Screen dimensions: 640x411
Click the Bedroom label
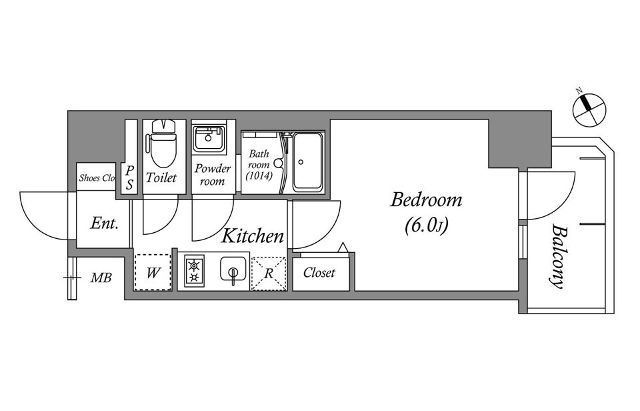tap(426, 199)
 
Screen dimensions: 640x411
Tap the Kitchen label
tap(252, 236)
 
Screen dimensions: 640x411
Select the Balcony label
tap(558, 256)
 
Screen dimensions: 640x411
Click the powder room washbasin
tap(209, 139)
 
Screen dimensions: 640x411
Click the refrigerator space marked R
tap(269, 274)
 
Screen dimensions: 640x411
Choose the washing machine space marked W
tap(153, 272)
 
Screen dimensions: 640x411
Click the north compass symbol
tap(589, 109)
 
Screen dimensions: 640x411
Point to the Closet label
tap(319, 272)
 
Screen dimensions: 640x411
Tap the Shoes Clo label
tap(97, 177)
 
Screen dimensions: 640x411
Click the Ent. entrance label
tap(104, 224)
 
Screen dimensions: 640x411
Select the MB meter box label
tap(101, 278)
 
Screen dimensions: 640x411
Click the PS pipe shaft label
tap(129, 177)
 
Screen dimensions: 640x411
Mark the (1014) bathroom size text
tap(259, 175)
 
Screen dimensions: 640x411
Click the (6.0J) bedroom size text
tap(427, 226)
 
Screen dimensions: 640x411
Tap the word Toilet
tap(161, 177)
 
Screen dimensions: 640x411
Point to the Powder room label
tap(212, 174)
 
